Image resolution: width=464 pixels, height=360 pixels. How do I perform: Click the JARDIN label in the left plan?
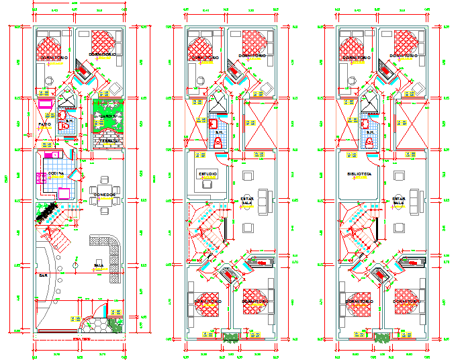[105, 116]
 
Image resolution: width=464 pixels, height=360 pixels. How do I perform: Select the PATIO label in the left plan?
[44, 124]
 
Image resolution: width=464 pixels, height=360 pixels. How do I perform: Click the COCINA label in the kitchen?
[56, 174]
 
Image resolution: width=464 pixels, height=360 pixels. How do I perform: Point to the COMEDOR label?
[105, 194]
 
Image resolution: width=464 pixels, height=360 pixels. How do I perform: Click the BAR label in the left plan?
[42, 275]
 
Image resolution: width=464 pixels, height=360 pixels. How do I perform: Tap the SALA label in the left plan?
[98, 266]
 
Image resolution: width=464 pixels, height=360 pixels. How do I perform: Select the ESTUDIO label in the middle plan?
[207, 174]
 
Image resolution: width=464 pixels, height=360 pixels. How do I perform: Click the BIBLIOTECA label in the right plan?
[359, 174]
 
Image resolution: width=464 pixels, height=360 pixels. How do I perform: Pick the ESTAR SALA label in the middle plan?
[247, 201]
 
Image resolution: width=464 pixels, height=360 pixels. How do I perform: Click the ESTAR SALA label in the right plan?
[400, 201]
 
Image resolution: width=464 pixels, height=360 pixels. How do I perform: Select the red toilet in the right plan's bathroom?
[369, 142]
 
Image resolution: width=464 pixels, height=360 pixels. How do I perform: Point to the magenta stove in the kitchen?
[38, 179]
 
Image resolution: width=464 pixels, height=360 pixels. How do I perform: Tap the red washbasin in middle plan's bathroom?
[212, 123]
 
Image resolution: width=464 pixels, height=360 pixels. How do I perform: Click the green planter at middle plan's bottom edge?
[232, 336]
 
